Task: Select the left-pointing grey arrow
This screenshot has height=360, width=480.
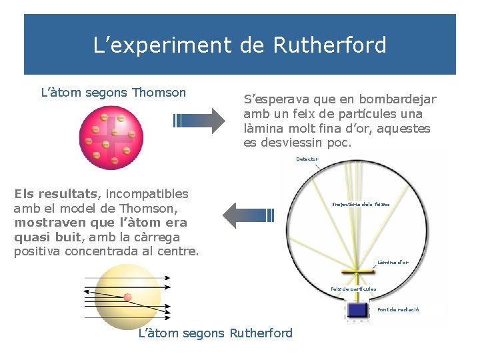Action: point(247,215)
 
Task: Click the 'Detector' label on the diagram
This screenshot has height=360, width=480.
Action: point(307,159)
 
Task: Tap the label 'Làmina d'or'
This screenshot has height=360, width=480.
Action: point(393,262)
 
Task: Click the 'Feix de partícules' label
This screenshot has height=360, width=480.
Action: point(353,289)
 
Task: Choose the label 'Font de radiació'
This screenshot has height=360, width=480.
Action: point(398,310)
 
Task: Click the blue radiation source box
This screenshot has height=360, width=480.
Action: point(358,310)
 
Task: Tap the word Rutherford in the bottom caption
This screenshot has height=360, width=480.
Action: point(261,333)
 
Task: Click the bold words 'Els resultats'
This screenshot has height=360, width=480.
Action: point(55,194)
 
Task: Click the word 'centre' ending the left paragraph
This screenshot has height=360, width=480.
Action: point(179,251)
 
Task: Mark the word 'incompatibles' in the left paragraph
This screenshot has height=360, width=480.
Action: point(147,194)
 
